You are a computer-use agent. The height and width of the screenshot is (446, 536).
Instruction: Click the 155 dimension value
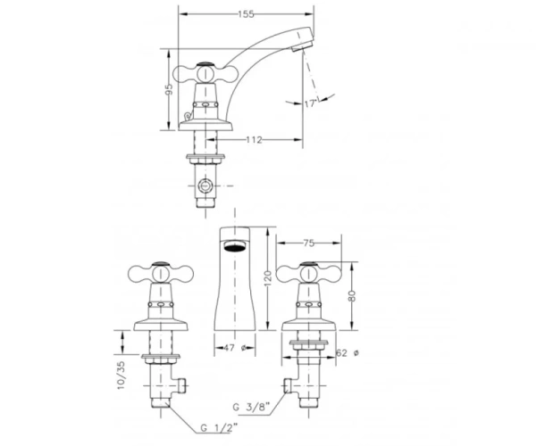tap(247, 14)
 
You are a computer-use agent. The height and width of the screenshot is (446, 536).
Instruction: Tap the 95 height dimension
tap(169, 90)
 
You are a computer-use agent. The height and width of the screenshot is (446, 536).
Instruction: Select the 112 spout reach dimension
tap(254, 140)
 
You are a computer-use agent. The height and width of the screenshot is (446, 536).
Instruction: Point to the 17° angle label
tap(310, 103)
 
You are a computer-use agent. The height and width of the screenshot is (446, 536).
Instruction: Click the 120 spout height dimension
tap(268, 277)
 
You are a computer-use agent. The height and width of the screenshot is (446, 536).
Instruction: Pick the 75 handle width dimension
tap(308, 243)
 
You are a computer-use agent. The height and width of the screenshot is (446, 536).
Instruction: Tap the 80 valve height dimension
tap(352, 295)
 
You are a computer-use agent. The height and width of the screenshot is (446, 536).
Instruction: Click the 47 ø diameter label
tap(235, 348)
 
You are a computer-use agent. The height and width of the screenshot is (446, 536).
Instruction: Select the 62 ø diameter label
tap(348, 353)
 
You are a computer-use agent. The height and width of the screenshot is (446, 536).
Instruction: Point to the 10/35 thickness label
tap(121, 376)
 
